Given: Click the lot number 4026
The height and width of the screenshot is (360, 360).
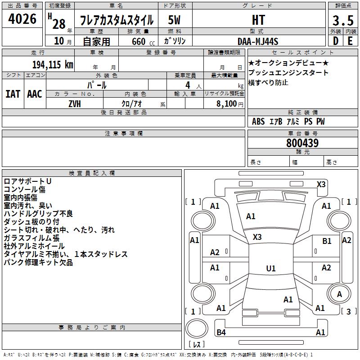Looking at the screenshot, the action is [x=22, y=19].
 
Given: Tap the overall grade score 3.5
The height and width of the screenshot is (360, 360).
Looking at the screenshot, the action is [x=343, y=20].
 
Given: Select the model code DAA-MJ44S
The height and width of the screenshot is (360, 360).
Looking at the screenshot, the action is [x=258, y=41].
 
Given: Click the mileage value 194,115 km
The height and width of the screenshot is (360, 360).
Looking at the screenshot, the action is [x=53, y=64].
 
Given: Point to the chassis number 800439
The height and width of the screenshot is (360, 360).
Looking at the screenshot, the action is [x=302, y=143].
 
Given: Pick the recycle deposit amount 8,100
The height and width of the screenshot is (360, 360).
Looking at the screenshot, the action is [x=227, y=104].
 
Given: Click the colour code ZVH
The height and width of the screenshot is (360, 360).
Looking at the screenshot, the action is [x=75, y=104].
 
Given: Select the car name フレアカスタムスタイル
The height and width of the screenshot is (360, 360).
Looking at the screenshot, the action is [x=117, y=20].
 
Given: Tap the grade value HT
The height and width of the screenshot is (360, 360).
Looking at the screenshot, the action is [x=258, y=20].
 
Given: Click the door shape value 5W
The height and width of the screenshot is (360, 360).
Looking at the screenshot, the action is [x=175, y=20].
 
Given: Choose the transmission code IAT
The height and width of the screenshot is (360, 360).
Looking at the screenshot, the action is [x=13, y=94].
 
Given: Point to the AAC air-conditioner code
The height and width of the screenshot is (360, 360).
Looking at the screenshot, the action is [x=35, y=94].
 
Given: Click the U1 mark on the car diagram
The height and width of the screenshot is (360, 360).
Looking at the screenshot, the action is [x=270, y=269].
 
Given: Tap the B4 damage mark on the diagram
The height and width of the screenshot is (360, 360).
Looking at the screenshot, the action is [x=221, y=333].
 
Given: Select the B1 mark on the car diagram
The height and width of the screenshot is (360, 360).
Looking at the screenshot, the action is [x=327, y=241].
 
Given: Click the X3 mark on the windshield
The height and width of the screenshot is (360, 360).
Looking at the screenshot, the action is [x=257, y=237].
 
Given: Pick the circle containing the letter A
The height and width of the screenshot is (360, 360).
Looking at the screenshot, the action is [x=340, y=295].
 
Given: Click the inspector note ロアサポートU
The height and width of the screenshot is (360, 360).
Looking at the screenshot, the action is [x=27, y=181].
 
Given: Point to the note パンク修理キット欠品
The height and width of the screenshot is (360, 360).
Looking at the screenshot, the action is [x=38, y=262].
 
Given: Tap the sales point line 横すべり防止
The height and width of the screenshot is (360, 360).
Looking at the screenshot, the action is [x=268, y=83].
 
